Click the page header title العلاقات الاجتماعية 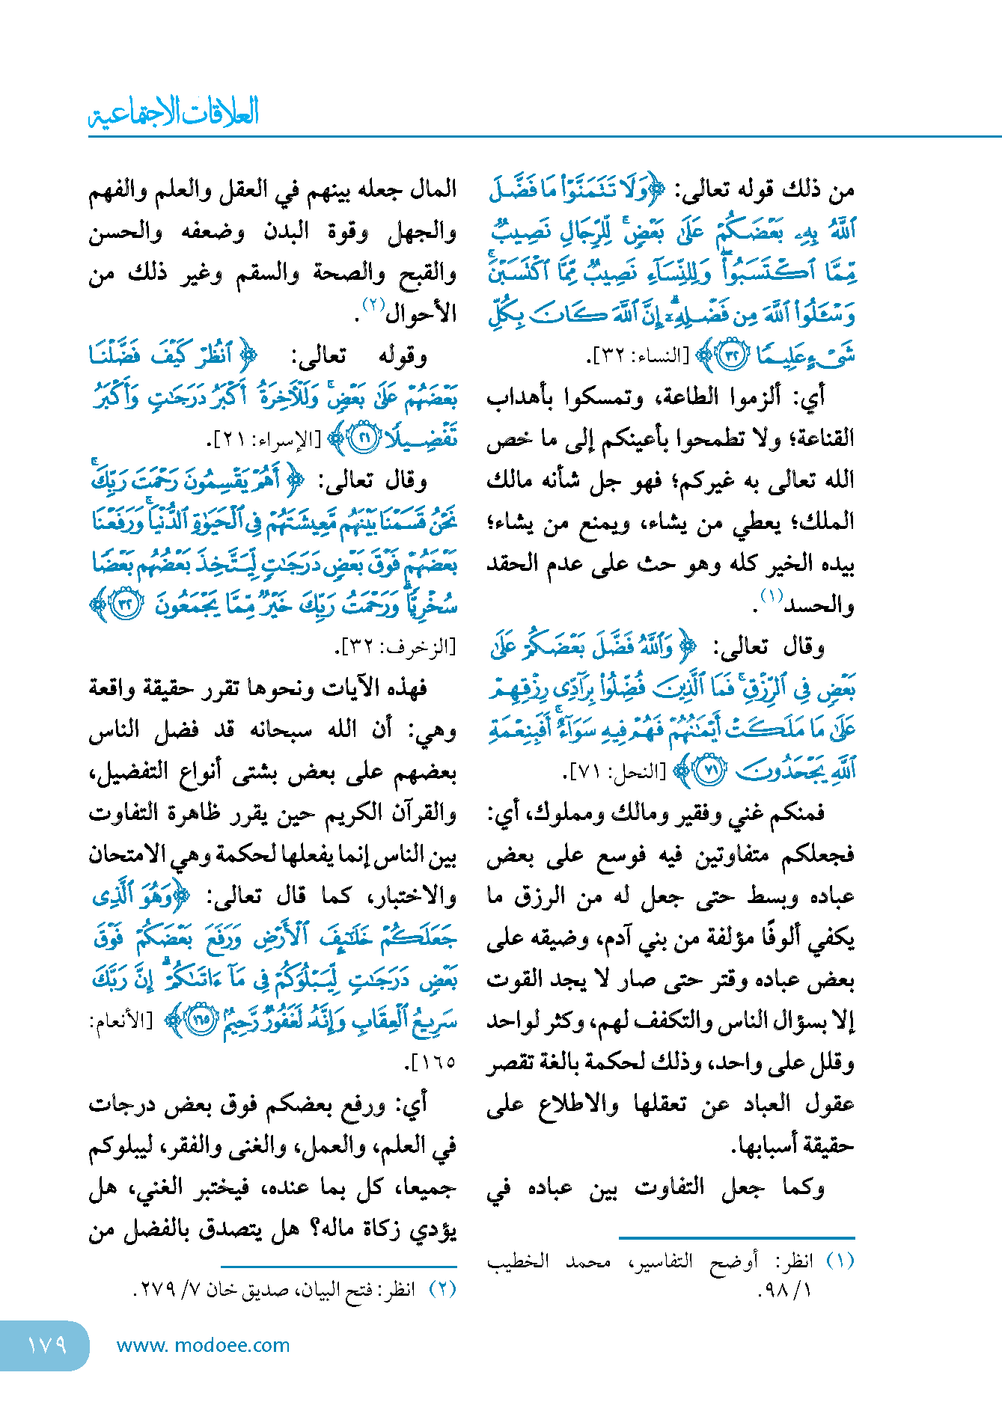pos(174,112)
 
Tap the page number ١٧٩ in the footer pos(46,1345)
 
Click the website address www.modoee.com pos(203,1345)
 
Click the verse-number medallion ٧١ pos(710,771)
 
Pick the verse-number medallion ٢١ pos(366,439)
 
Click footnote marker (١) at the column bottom pos(840,1261)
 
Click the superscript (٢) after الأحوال pos(373,304)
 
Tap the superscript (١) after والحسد pos(771,596)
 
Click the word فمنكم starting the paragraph pos(796,812)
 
